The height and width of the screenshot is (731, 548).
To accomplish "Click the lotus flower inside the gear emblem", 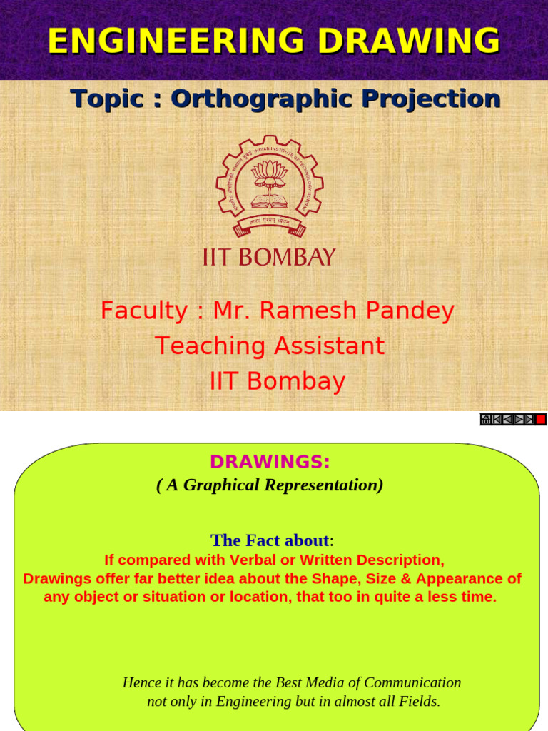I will [270, 173].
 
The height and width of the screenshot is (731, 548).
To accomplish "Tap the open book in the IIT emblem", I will [270, 201].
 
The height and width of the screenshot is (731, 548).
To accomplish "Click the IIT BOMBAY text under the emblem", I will [269, 258].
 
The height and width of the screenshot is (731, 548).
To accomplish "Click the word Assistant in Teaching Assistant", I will [328, 346].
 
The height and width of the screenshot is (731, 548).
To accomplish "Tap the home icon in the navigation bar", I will [486, 420].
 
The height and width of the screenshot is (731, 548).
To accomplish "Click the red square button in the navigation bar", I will [541, 420].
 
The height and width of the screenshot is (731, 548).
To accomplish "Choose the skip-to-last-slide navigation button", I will [529, 420].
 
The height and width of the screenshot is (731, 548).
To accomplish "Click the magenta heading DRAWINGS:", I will [270, 463].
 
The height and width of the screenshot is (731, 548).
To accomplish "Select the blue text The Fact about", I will [270, 540].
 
